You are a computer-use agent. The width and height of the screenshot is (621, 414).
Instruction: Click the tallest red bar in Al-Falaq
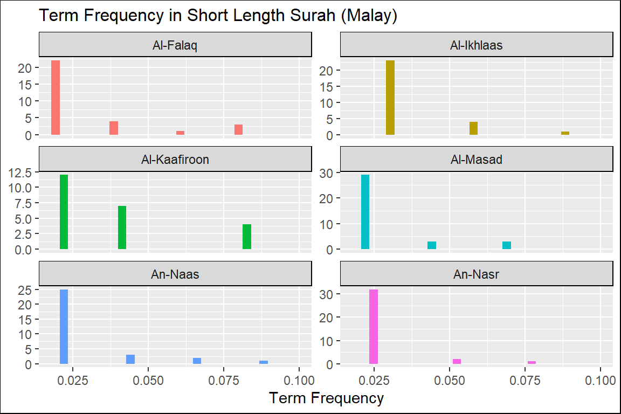click(55, 98)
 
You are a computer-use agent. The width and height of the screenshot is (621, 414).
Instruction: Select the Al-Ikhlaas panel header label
click(476, 45)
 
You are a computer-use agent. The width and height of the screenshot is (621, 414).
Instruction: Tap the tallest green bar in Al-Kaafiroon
click(64, 212)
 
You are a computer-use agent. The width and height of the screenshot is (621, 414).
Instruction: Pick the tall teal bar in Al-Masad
click(365, 212)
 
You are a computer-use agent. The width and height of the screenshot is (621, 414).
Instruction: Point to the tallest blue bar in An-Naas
click(64, 327)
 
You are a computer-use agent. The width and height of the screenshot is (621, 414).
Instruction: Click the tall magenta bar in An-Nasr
click(373, 327)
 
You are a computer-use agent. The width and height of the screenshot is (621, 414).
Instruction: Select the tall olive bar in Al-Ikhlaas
click(390, 98)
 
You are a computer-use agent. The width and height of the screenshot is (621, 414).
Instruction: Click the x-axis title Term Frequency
click(326, 398)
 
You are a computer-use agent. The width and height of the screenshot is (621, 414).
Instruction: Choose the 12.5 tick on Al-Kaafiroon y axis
click(22, 172)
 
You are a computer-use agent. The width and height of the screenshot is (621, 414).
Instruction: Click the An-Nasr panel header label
click(476, 274)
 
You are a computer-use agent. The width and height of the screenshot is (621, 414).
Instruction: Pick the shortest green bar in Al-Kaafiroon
click(247, 237)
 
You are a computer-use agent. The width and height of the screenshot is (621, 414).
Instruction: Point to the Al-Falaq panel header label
click(175, 45)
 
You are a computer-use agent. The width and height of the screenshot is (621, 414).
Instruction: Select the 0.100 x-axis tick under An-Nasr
click(600, 379)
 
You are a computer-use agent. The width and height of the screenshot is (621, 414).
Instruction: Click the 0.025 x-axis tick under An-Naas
click(73, 379)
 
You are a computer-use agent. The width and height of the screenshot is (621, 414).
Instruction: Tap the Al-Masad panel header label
click(476, 160)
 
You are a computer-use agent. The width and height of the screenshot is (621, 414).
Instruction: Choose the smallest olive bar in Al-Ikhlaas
click(565, 133)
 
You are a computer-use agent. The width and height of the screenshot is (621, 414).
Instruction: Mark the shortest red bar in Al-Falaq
click(180, 133)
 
